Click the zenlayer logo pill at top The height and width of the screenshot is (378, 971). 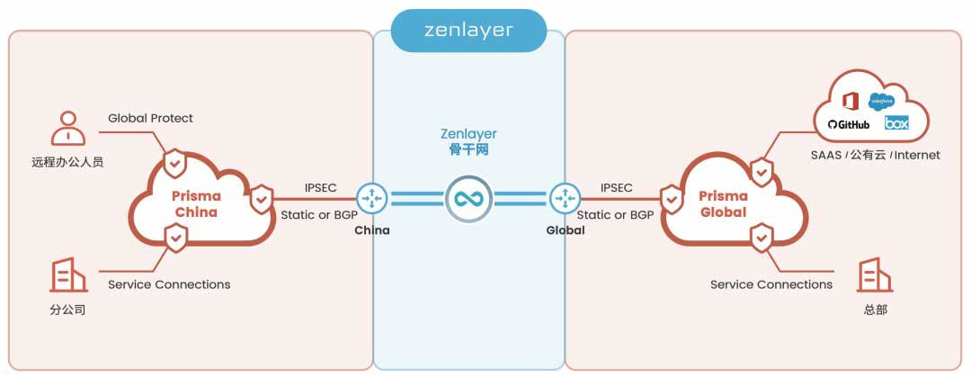pos(468,30)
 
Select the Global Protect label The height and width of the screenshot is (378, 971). pos(150,118)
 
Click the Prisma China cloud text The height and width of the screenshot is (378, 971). pos(196,204)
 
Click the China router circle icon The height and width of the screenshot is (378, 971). pos(371,199)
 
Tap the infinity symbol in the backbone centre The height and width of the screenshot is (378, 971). pos(468,199)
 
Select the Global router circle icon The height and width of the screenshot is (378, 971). pos(565,199)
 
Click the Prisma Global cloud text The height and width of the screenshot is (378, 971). pos(724,204)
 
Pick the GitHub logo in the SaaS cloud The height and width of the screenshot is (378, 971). pos(849,124)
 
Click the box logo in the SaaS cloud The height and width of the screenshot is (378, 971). pos(896,123)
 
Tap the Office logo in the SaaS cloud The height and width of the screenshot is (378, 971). pos(850,100)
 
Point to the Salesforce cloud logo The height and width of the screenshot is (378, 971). pos(881,101)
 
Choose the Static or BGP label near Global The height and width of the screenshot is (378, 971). pos(615,215)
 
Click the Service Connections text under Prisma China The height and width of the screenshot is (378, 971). pos(169,284)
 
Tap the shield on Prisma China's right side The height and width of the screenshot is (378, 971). pos(262,199)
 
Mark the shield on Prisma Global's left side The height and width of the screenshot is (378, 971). pos(670,199)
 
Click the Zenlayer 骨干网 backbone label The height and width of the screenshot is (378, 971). pos(468,142)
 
